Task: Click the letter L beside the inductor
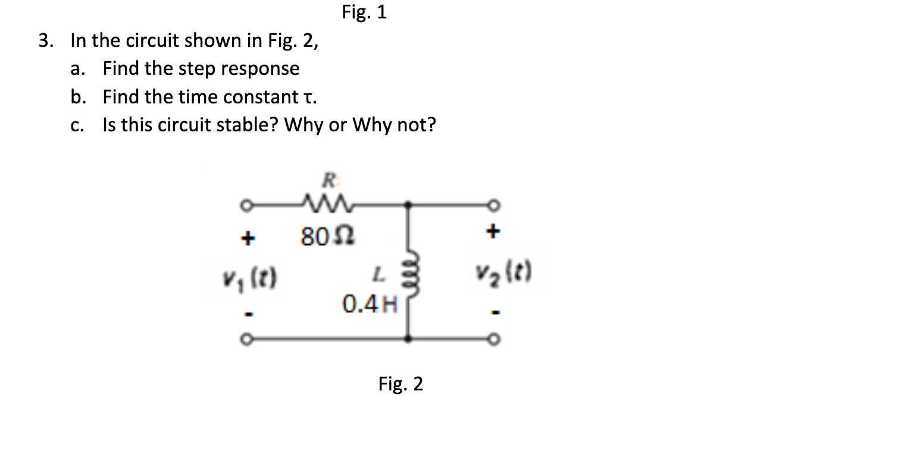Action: coord(377,275)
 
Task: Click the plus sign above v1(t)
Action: coord(247,239)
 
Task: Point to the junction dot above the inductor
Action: coord(408,205)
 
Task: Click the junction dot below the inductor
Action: coord(408,339)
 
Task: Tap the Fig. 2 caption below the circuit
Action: coord(400,384)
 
